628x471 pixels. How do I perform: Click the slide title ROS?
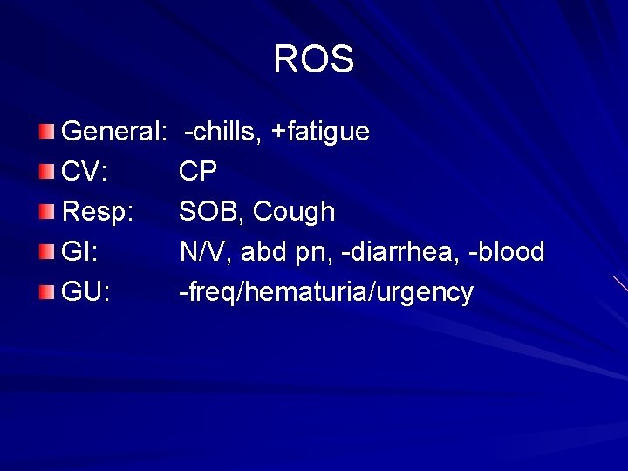point(313,59)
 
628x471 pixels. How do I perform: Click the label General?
point(114,132)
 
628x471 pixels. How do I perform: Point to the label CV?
point(85,172)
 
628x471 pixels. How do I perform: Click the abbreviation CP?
point(198,172)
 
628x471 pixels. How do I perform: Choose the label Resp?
point(97,212)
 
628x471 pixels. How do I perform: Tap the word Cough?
point(294,212)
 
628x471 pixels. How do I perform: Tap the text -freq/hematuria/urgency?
point(326,293)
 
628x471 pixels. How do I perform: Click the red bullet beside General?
point(46,132)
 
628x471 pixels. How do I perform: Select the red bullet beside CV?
point(46,172)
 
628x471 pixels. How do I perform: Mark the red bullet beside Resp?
point(46,212)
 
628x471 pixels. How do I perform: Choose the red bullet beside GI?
point(46,252)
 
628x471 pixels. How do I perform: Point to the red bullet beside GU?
point(46,292)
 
